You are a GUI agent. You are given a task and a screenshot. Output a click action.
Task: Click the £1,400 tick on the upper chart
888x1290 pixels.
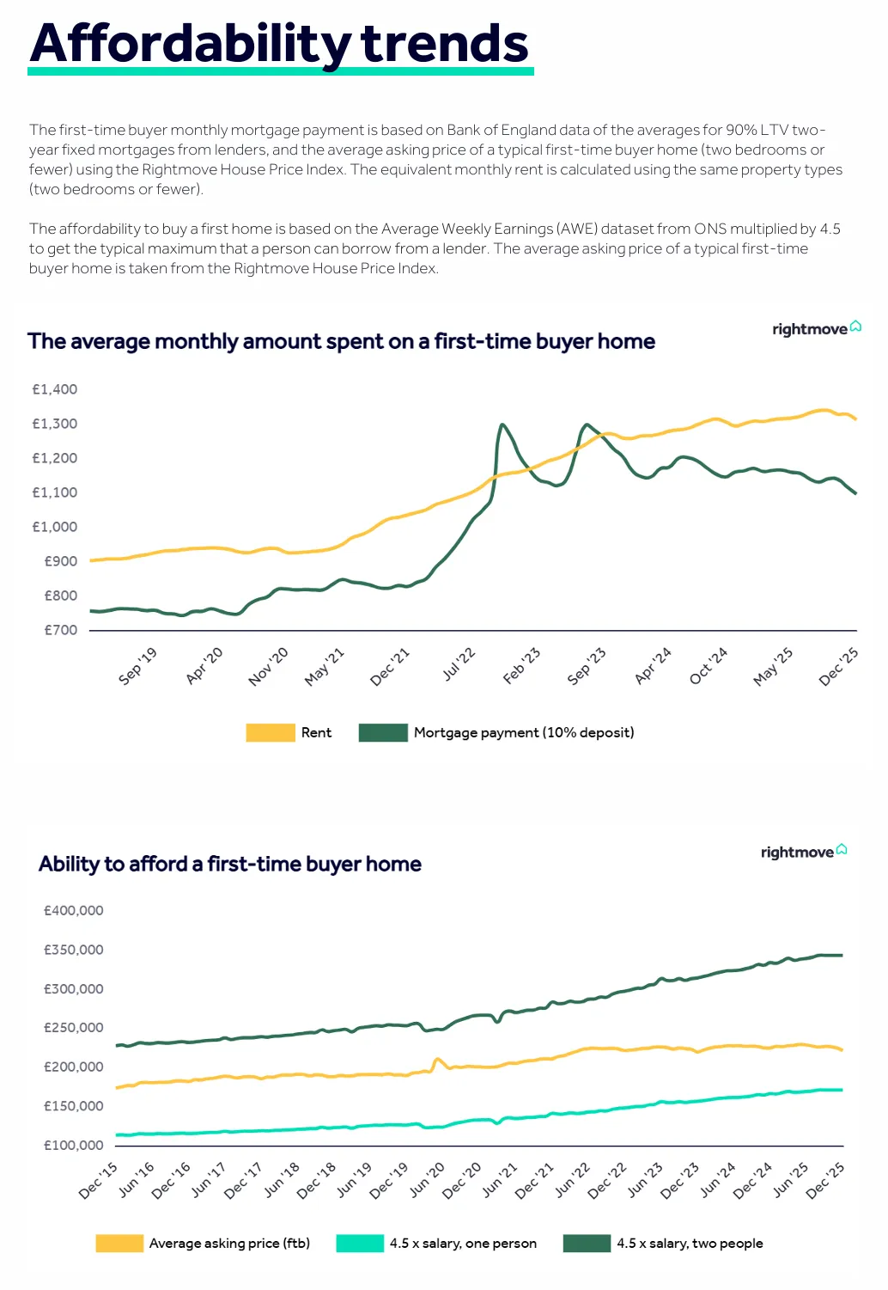click(x=55, y=389)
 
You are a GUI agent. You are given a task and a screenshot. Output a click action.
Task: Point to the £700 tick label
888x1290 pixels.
click(x=60, y=630)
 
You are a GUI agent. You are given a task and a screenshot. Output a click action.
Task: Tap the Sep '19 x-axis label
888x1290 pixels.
click(x=138, y=666)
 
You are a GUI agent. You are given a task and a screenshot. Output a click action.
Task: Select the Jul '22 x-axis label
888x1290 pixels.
click(x=459, y=665)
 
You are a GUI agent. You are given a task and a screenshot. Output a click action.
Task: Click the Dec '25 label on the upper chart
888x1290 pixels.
click(x=838, y=667)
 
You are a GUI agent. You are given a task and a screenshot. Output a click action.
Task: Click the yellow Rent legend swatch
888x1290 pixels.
click(x=270, y=732)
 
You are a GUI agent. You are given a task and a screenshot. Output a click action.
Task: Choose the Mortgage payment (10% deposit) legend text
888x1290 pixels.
click(x=524, y=732)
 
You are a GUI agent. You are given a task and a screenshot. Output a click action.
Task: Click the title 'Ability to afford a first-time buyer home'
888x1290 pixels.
click(x=230, y=864)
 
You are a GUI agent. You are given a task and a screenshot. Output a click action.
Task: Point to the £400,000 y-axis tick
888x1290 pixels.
click(x=74, y=910)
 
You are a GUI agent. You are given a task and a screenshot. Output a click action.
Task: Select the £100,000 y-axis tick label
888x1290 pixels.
click(x=74, y=1145)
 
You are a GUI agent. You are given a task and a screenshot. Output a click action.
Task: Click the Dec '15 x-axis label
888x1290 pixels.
click(x=98, y=1181)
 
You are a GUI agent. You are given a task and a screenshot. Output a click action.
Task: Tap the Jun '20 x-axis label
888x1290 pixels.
click(x=427, y=1180)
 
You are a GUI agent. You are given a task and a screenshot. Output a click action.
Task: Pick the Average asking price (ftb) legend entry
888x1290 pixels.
click(x=229, y=1243)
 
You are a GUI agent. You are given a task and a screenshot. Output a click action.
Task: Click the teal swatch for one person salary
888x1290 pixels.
click(x=360, y=1243)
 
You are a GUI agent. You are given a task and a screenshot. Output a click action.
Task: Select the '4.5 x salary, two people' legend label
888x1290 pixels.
click(x=690, y=1243)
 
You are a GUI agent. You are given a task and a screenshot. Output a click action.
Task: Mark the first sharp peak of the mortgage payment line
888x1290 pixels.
click(x=502, y=425)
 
